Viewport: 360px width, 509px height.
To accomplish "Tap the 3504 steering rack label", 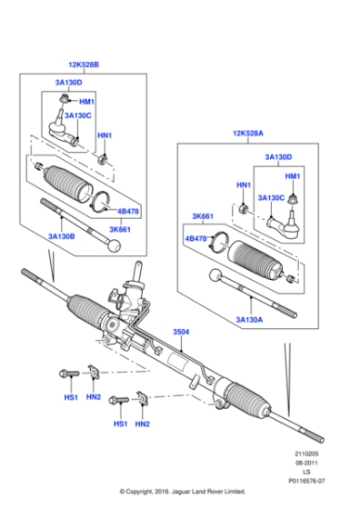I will (x=182, y=333).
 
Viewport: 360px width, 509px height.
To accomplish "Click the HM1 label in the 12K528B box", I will (x=86, y=102).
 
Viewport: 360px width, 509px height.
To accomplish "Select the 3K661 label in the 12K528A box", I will (x=203, y=217).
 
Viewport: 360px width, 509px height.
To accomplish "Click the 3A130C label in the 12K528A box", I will (x=272, y=197).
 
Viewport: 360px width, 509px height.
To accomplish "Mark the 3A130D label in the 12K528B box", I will (x=58, y=84).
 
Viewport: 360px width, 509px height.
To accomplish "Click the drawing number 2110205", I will (x=305, y=454).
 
